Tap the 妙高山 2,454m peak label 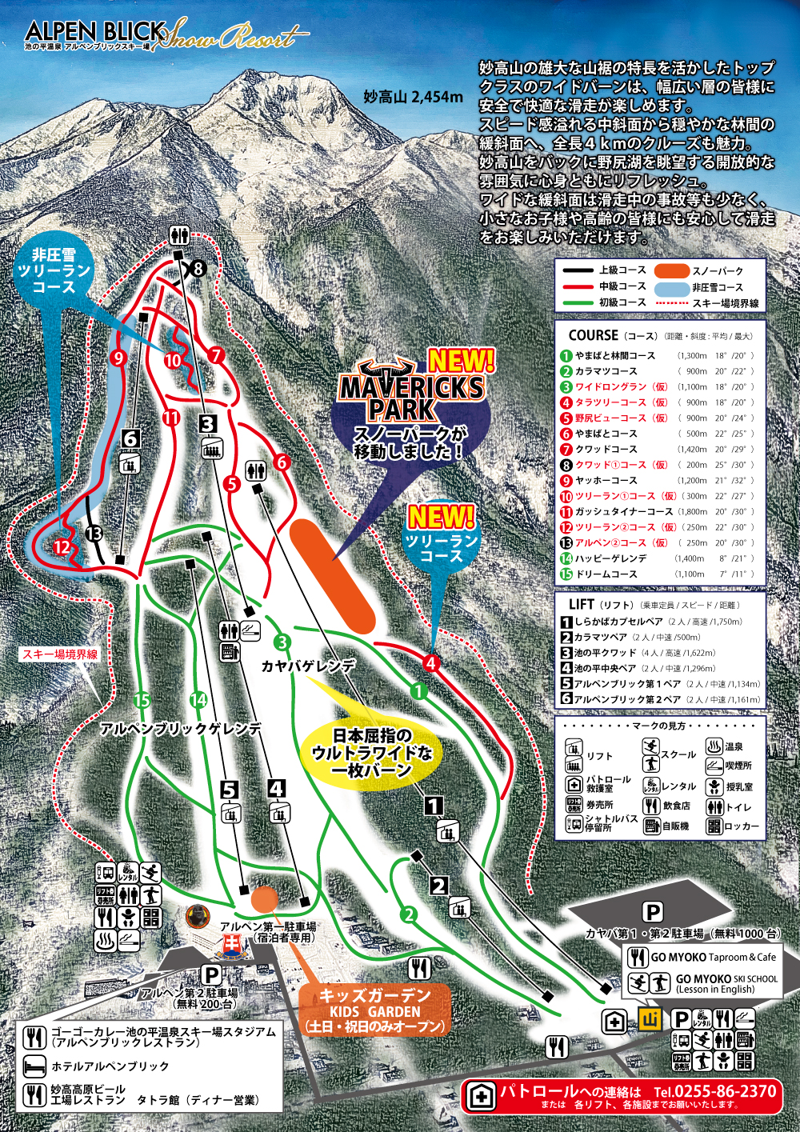click(x=413, y=97)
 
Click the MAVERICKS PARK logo click(x=412, y=392)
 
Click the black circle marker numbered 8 click(x=197, y=269)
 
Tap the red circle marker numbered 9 click(x=118, y=358)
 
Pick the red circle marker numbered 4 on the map click(x=431, y=662)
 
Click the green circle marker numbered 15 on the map click(x=142, y=701)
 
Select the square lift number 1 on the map click(x=434, y=805)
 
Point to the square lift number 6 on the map click(x=131, y=438)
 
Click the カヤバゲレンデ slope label click(x=308, y=666)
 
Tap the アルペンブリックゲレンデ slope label click(x=181, y=729)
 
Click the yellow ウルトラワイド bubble click(x=372, y=752)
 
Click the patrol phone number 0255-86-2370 click(x=714, y=1091)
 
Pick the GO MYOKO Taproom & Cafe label click(x=713, y=957)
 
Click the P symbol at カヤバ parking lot click(x=653, y=912)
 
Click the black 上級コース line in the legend click(x=576, y=270)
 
